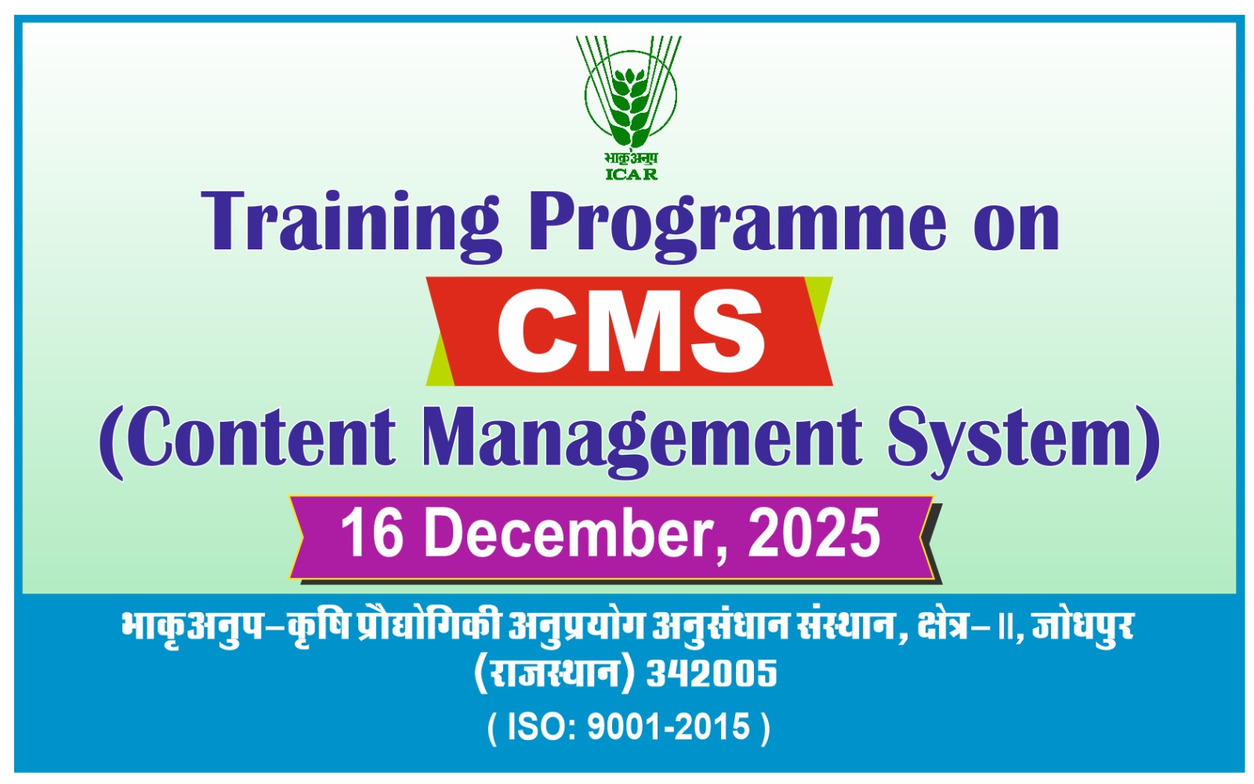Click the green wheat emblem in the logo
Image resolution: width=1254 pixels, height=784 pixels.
point(630,93)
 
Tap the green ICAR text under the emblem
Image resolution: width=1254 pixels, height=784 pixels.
point(632,174)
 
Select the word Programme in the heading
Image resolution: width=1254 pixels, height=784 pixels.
point(738,225)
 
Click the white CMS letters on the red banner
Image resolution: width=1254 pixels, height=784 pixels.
point(631,330)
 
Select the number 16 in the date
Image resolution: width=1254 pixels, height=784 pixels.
point(372,533)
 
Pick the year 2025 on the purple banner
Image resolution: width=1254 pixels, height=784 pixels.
point(814,533)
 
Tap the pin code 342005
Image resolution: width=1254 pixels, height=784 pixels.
point(712,673)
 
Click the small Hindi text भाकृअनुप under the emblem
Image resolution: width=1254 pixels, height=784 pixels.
point(631,158)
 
